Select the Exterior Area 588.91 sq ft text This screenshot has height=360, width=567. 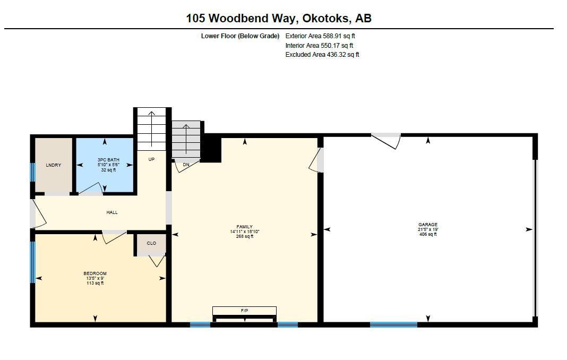pyautogui.click(x=320, y=36)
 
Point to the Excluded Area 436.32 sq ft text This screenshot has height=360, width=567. pyautogui.click(x=322, y=54)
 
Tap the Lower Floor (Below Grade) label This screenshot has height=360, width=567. pyautogui.click(x=240, y=36)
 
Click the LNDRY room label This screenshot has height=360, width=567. pyautogui.click(x=53, y=165)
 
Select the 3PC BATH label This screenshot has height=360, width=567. pyautogui.click(x=108, y=160)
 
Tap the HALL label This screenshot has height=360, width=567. pyautogui.click(x=111, y=212)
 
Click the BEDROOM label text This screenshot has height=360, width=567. pyautogui.click(x=95, y=273)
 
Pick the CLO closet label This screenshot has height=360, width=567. pyautogui.click(x=151, y=243)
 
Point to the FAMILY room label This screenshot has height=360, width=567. pyautogui.click(x=244, y=227)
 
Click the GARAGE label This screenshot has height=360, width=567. pyautogui.click(x=428, y=225)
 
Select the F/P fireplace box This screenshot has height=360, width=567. pyautogui.click(x=244, y=311)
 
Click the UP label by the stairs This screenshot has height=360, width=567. pyautogui.click(x=151, y=159)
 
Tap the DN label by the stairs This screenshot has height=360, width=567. pyautogui.click(x=186, y=165)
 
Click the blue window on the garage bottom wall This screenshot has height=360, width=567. pyautogui.click(x=393, y=324)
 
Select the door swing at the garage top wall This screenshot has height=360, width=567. pyautogui.click(x=386, y=140)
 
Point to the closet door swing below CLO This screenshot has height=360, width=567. pyautogui.click(x=157, y=261)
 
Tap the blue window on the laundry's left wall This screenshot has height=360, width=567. pyautogui.click(x=32, y=173)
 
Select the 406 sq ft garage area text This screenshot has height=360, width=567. pyautogui.click(x=428, y=234)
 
